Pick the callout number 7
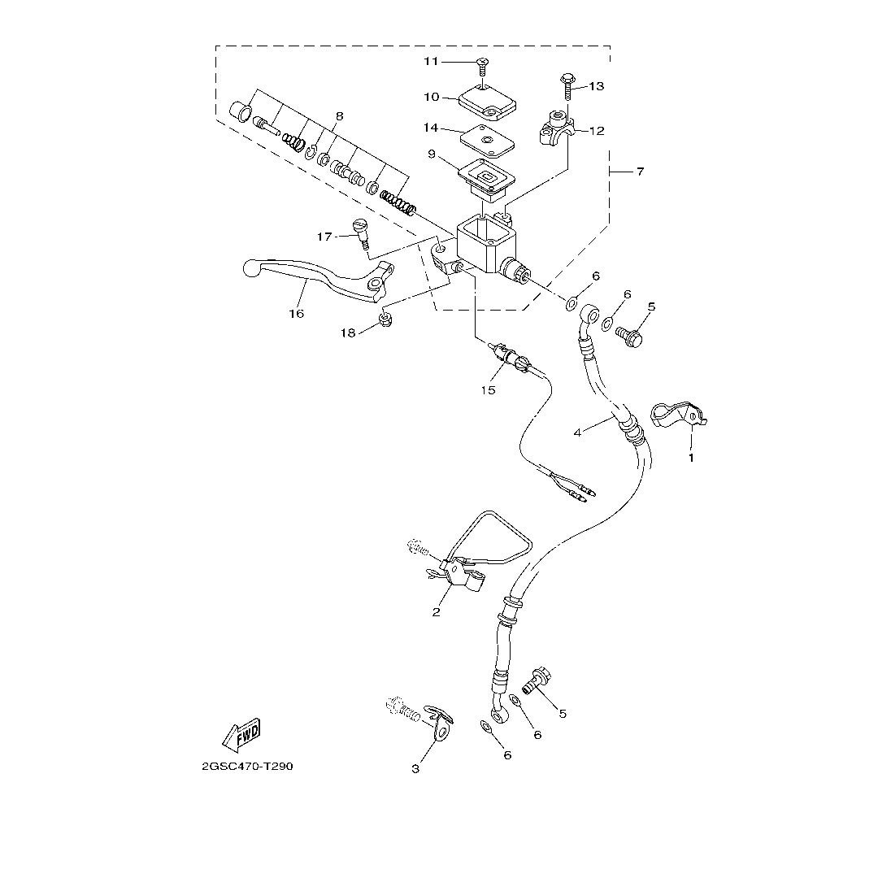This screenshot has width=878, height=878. [640, 172]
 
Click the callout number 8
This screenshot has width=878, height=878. [339, 116]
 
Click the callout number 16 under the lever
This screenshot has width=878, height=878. [296, 313]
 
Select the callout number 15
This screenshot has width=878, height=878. [487, 390]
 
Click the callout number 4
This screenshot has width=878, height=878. [578, 432]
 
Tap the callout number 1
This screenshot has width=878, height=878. [692, 458]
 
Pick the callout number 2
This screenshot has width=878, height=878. [437, 612]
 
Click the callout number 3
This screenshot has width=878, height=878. [415, 768]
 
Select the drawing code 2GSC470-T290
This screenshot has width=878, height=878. [247, 767]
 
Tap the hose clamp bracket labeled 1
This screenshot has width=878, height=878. [678, 415]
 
